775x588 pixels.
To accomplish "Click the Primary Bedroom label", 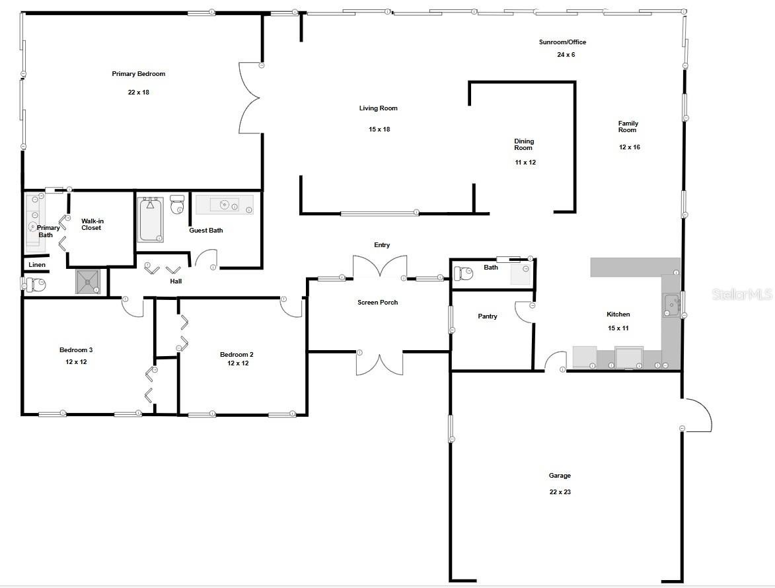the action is pyautogui.click(x=138, y=74).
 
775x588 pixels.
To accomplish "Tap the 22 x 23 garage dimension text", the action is pyautogui.click(x=560, y=492).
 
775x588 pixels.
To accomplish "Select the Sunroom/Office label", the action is pyautogui.click(x=562, y=42).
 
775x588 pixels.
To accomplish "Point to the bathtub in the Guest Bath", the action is pyautogui.click(x=150, y=219).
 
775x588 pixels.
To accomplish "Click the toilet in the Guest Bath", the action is pyautogui.click(x=177, y=204).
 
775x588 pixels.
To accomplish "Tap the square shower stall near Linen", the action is pyautogui.click(x=88, y=281).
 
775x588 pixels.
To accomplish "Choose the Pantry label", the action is pyautogui.click(x=488, y=316).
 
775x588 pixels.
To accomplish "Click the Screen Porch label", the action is pyautogui.click(x=378, y=303).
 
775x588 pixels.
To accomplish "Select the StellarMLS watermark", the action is pyautogui.click(x=742, y=295).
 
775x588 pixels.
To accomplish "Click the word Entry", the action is pyautogui.click(x=382, y=245).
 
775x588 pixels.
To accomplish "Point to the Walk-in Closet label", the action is pyautogui.click(x=92, y=225).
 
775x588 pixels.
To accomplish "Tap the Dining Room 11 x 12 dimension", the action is pyautogui.click(x=525, y=163).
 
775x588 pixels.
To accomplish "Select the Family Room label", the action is pyautogui.click(x=628, y=126).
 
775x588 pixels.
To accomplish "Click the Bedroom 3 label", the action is pyautogui.click(x=76, y=350).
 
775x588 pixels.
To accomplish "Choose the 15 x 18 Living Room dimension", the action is pyautogui.click(x=379, y=129).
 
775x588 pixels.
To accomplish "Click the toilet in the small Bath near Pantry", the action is pyautogui.click(x=463, y=274).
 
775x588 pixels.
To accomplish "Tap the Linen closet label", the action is pyautogui.click(x=37, y=265).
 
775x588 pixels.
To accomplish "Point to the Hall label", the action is pyautogui.click(x=176, y=281).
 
